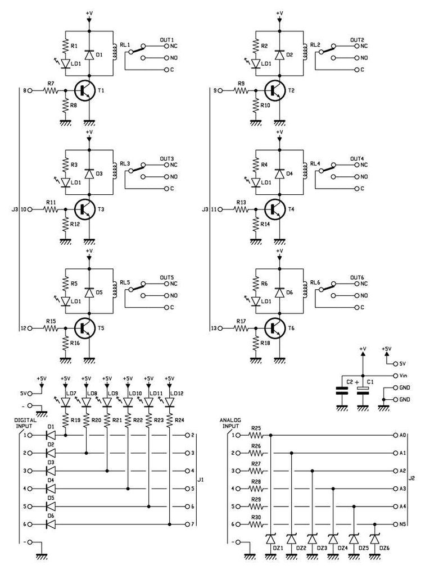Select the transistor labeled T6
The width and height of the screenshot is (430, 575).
pyautogui.click(x=276, y=328)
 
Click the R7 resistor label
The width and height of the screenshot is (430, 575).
pyautogui.click(x=51, y=84)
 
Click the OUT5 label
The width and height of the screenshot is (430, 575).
pyautogui.click(x=167, y=277)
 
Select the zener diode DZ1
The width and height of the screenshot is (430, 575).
pyautogui.click(x=271, y=540)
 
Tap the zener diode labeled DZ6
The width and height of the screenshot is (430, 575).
pyautogui.click(x=375, y=540)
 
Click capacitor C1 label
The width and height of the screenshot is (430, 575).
pyautogui.click(x=370, y=381)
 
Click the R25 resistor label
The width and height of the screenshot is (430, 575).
pyautogui.click(x=256, y=428)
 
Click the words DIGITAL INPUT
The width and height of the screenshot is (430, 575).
pyautogui.click(x=25, y=422)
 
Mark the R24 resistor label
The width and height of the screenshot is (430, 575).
pyautogui.click(x=179, y=419)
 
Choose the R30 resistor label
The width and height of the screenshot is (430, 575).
pyautogui.click(x=256, y=518)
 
